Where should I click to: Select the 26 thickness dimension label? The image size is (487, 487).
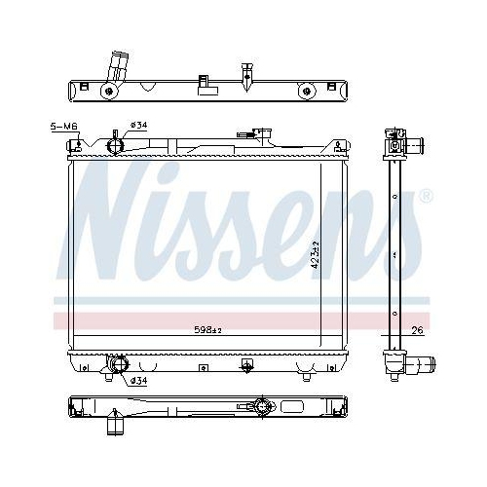(417, 331)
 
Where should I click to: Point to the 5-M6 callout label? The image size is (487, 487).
(62, 127)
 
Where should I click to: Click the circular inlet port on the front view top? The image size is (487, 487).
(114, 147)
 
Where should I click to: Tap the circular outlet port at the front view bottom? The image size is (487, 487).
(118, 365)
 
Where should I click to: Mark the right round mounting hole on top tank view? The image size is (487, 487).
(308, 93)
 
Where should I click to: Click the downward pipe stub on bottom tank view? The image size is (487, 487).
(115, 426)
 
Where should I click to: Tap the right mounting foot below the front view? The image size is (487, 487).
(307, 374)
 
